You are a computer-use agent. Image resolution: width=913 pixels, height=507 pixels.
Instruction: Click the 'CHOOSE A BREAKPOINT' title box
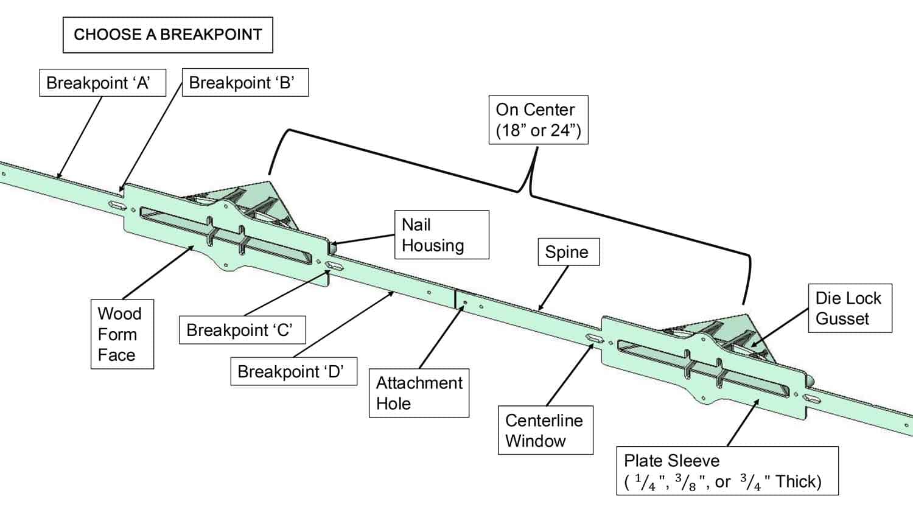167,35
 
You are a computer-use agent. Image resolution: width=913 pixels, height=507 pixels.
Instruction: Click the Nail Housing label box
441,235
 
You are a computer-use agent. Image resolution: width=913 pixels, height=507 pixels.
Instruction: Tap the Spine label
567,252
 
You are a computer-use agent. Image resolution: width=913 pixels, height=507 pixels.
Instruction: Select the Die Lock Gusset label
848,308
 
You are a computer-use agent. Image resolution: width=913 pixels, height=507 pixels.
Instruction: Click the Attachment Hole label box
419,393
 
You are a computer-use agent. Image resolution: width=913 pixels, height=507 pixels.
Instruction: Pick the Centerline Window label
544,430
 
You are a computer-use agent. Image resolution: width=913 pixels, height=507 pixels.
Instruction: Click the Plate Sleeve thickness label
727,471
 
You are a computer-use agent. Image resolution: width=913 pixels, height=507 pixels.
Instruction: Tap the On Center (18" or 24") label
538,119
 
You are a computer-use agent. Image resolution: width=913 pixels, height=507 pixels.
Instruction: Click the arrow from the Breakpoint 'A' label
79,137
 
